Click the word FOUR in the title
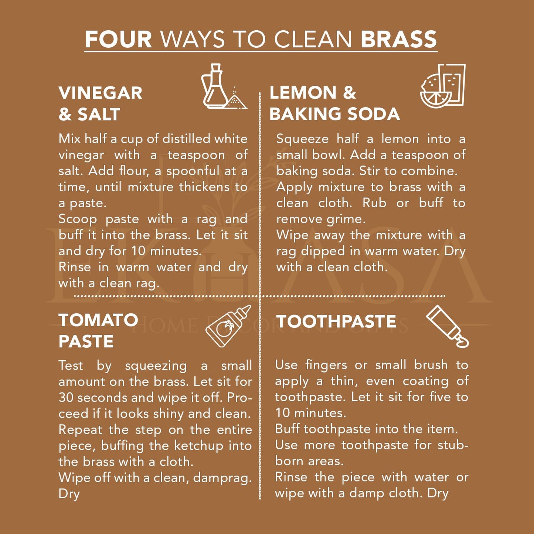118,39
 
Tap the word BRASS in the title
399,39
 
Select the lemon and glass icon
443,86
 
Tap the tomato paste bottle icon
228,326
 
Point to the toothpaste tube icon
447,326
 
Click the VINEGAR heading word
100,93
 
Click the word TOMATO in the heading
98,320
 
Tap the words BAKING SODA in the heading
334,114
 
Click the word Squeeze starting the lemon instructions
302,139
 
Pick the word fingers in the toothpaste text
326,365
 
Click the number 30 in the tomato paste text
66,397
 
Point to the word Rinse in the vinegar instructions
75,267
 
